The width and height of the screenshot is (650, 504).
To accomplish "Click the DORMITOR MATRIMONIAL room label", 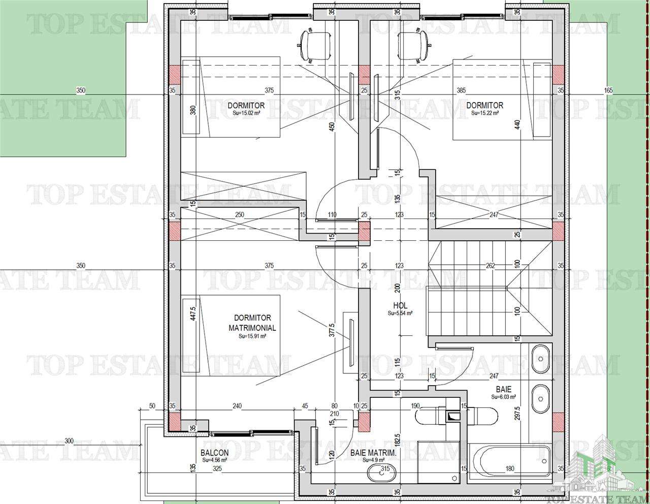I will pyautogui.click(x=252, y=323).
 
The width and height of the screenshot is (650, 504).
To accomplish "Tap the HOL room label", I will pyautogui.click(x=400, y=305).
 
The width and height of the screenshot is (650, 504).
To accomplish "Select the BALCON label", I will pyautogui.click(x=214, y=453).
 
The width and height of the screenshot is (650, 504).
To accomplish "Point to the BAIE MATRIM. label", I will pyautogui.click(x=373, y=453).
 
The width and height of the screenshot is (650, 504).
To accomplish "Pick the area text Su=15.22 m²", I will pyautogui.click(x=484, y=113).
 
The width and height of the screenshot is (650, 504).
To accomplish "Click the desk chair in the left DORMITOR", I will pyautogui.click(x=314, y=45).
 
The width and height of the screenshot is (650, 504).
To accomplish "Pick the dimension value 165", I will pyautogui.click(x=609, y=90).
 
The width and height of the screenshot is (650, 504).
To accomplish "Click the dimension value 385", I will pyautogui.click(x=461, y=90).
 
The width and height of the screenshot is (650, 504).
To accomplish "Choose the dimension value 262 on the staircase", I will pyautogui.click(x=490, y=265).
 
